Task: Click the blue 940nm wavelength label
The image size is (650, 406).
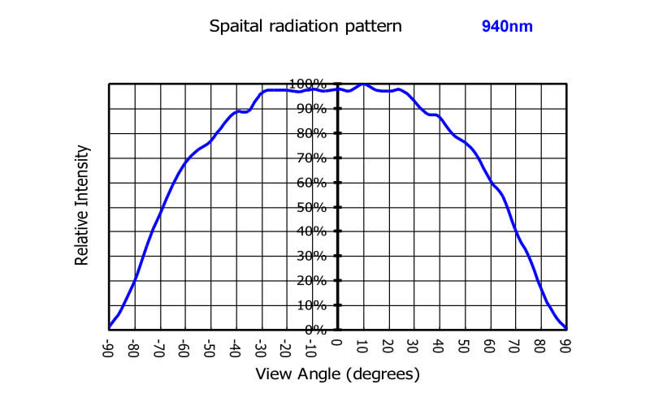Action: (507, 26)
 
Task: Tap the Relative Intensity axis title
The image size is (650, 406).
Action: (81, 205)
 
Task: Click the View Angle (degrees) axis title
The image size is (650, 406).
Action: (338, 374)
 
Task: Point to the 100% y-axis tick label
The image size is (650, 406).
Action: (307, 84)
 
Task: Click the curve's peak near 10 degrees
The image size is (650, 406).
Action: (362, 84)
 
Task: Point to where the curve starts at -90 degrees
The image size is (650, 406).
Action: (110, 327)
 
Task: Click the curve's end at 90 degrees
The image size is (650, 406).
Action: (565, 328)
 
